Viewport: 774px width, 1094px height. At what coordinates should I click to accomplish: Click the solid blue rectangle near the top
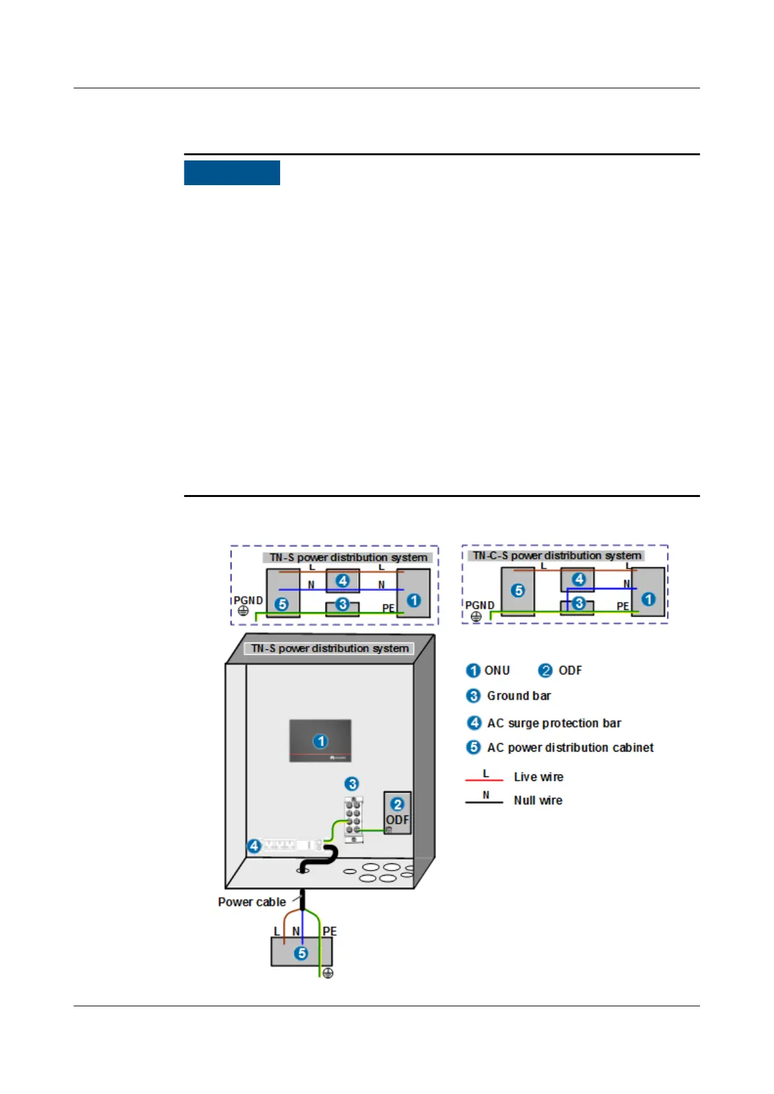click(x=231, y=173)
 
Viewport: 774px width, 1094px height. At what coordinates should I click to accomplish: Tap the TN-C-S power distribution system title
click(x=557, y=555)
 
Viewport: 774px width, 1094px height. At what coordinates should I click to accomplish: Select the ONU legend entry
click(x=497, y=670)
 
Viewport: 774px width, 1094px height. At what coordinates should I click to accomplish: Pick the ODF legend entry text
click(x=570, y=670)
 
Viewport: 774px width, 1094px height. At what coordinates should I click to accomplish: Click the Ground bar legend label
click(x=519, y=696)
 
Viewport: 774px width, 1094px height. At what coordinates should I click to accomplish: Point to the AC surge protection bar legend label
click(x=554, y=723)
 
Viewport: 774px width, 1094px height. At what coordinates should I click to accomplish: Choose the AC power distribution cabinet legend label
click(x=570, y=748)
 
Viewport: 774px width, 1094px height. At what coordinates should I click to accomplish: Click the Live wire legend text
click(x=538, y=777)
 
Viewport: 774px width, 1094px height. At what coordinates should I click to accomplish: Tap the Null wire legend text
click(x=537, y=800)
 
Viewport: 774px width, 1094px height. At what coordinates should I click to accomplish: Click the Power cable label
click(x=252, y=902)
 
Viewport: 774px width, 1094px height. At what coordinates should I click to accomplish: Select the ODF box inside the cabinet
click(x=397, y=813)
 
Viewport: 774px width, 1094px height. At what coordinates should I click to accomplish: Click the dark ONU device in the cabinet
click(x=320, y=741)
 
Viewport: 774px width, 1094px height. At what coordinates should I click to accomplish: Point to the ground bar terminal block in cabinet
click(x=353, y=820)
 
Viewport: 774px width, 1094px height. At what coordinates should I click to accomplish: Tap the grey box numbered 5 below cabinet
click(x=301, y=952)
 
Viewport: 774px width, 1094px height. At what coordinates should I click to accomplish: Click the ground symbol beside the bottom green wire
click(x=328, y=973)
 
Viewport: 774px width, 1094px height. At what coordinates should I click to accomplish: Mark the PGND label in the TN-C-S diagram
click(x=479, y=605)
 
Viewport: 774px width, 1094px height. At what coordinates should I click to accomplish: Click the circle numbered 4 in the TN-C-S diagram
click(x=578, y=579)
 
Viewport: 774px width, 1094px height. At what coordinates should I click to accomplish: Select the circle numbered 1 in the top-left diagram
click(x=413, y=600)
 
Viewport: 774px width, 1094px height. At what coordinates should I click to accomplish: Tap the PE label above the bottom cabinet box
click(x=329, y=931)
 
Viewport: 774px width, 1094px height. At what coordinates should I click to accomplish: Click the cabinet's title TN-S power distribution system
click(x=329, y=648)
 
